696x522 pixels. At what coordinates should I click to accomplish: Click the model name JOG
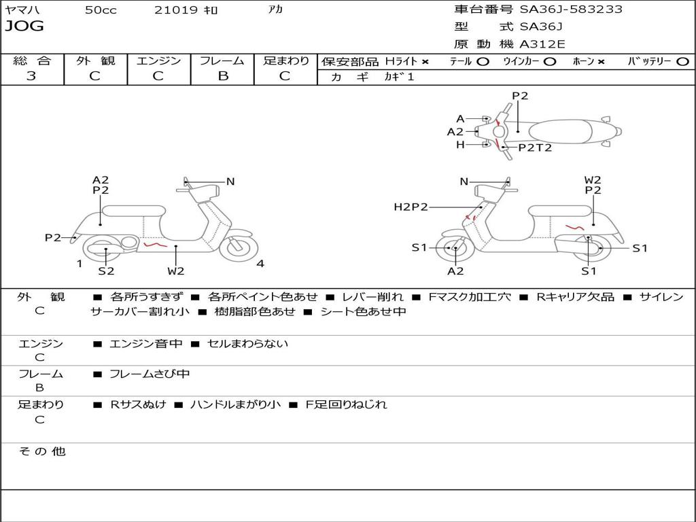[x=24, y=27]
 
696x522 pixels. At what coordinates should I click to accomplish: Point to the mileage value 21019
[x=176, y=10]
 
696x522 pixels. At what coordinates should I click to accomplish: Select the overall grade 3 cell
[x=31, y=76]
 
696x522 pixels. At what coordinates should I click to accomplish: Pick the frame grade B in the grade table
[x=222, y=76]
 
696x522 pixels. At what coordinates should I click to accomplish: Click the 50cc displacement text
[x=101, y=10]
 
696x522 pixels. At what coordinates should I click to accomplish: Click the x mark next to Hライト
[x=425, y=62]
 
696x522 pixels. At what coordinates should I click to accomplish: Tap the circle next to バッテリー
[x=682, y=62]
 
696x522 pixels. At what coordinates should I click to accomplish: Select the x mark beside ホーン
[x=601, y=62]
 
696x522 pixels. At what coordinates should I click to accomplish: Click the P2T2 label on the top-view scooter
[x=535, y=147]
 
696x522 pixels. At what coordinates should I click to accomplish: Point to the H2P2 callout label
[x=411, y=207]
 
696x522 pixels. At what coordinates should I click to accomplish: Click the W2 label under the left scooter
[x=176, y=271]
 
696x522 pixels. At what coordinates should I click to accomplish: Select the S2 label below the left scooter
[x=106, y=271]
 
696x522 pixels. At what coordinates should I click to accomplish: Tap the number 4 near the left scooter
[x=260, y=264]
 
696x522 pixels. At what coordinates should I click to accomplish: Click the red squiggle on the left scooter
[x=156, y=243]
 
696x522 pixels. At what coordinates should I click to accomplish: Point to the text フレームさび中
[x=150, y=374]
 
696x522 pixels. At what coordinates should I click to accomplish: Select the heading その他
[x=41, y=451]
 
